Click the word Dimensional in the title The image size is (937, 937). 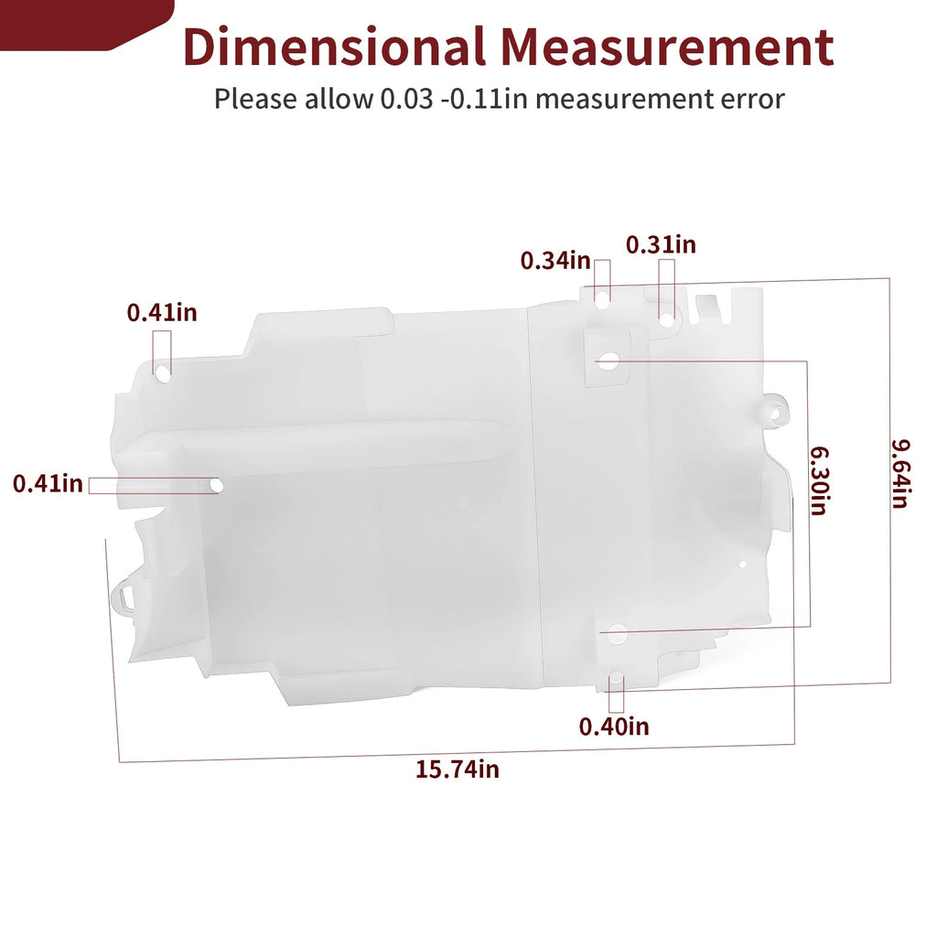[x=333, y=47]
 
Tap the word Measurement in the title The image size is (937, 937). [x=668, y=47]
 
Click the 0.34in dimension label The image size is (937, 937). [x=555, y=261]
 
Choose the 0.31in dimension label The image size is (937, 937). [x=661, y=244]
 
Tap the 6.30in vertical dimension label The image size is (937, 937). [x=819, y=480]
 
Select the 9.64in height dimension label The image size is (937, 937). [x=900, y=474]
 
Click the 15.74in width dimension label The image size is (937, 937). [x=458, y=769]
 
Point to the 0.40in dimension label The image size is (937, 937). [x=614, y=727]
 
